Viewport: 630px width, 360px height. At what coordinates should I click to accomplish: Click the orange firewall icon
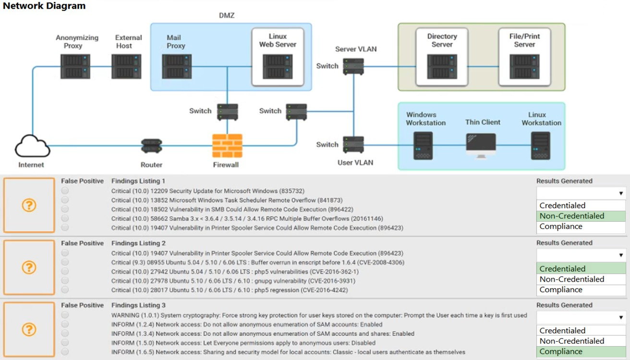click(227, 146)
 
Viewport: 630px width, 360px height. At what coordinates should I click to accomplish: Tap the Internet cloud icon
click(32, 146)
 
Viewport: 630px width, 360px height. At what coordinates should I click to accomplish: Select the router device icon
click(151, 146)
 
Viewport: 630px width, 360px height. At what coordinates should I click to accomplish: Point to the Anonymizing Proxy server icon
click(75, 66)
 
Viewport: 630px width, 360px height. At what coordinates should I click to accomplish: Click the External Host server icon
click(126, 66)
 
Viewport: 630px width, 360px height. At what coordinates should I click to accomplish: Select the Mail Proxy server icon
click(177, 66)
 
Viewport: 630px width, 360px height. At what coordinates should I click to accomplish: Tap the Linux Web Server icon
click(278, 66)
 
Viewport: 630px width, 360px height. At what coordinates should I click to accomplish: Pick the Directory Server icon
click(442, 66)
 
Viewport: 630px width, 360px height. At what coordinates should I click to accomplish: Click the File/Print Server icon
click(524, 66)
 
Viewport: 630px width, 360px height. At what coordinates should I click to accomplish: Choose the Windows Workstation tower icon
click(423, 146)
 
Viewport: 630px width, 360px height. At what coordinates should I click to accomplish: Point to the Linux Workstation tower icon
click(541, 146)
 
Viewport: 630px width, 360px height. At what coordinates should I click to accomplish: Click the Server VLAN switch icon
click(353, 66)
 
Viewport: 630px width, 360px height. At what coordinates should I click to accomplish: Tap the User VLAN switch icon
click(353, 144)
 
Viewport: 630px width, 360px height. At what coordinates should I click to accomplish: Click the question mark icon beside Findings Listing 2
click(29, 267)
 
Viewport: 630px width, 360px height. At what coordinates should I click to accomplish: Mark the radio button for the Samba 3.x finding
click(65, 218)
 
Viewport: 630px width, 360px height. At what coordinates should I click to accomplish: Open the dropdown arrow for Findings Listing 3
click(621, 318)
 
